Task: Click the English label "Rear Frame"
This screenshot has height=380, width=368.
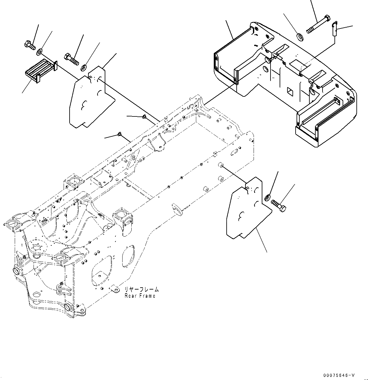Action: (140, 296)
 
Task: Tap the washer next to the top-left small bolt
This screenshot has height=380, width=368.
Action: (40, 51)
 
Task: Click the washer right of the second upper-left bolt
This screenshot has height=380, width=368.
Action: (84, 67)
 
